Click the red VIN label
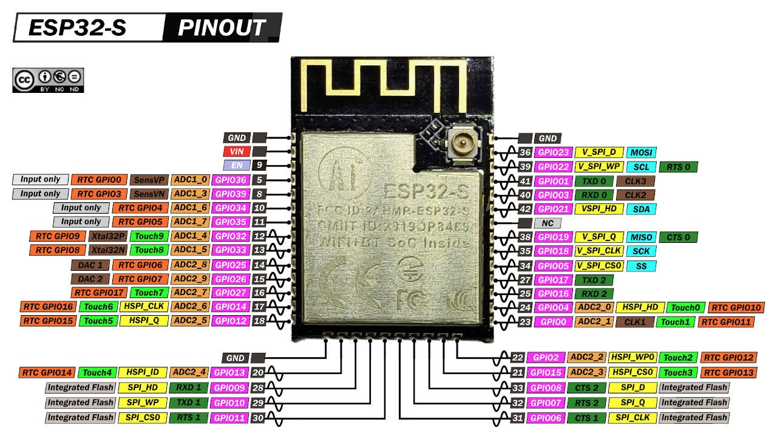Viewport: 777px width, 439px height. click(x=236, y=151)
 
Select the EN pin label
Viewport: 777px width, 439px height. click(x=236, y=165)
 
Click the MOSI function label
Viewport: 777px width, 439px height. click(x=641, y=152)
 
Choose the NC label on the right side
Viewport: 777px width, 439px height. click(x=547, y=223)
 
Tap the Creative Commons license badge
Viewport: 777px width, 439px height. click(x=48, y=80)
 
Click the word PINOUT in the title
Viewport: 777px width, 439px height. click(x=222, y=28)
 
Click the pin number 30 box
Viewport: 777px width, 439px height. click(x=258, y=418)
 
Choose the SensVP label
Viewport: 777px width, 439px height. click(x=149, y=180)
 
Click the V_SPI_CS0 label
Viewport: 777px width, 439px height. click(x=599, y=265)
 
